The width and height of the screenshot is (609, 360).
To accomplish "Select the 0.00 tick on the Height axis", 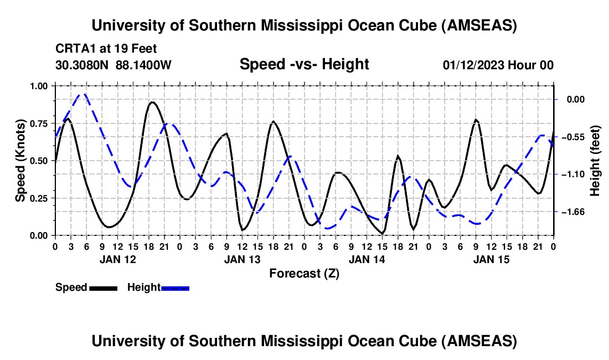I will (x=576, y=99).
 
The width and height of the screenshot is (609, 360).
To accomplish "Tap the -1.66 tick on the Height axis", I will (x=576, y=212).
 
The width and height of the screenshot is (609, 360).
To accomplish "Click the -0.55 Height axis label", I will (x=576, y=137).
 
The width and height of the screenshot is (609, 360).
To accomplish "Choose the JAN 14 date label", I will (x=367, y=259).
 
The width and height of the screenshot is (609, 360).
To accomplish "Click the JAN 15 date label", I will (x=491, y=259).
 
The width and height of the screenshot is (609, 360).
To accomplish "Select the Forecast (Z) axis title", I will (x=304, y=274).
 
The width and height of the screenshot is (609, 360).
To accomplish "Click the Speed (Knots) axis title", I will (x=20, y=161).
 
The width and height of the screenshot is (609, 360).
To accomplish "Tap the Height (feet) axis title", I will (x=595, y=161).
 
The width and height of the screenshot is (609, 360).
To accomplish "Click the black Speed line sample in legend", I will (x=103, y=288).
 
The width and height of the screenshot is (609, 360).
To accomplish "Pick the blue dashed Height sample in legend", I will (x=176, y=288).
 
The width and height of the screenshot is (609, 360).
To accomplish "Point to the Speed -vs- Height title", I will (x=304, y=64).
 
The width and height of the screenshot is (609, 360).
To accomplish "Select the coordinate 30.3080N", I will (x=82, y=65).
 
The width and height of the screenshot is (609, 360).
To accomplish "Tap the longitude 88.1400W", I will (x=144, y=65).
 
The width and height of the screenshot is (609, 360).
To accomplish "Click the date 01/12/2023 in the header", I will (x=472, y=65).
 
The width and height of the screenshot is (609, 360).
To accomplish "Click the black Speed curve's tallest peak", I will (x=152, y=102).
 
